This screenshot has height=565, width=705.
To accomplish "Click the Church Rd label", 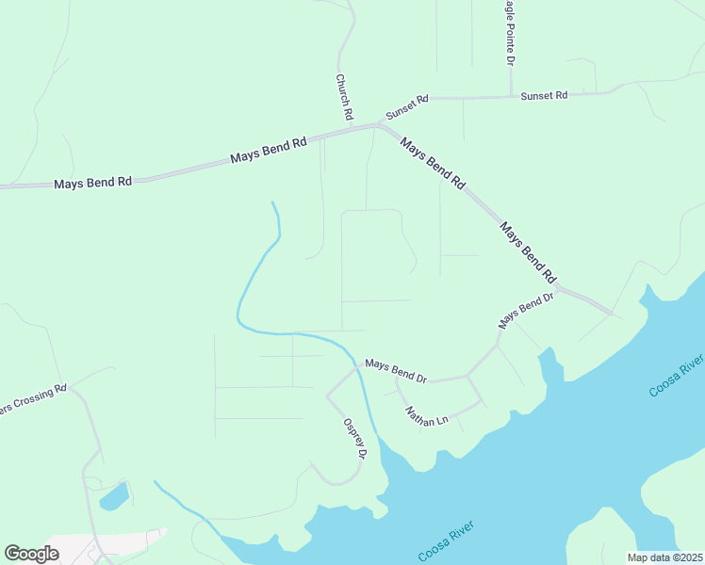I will (x=344, y=97).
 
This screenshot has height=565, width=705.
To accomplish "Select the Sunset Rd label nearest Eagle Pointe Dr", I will (x=544, y=96).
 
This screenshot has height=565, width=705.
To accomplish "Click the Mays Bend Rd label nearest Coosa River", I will (x=528, y=252).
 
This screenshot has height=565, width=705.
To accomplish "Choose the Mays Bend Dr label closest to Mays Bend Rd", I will (x=526, y=310).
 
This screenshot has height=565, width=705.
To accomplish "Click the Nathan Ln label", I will (x=426, y=415).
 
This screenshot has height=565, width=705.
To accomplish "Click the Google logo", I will (x=31, y=553).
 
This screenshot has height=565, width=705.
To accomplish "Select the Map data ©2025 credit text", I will (x=665, y=557).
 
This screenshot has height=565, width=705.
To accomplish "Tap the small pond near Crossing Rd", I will (x=114, y=495).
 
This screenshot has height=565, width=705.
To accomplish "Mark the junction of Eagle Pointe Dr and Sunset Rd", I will (x=510, y=96).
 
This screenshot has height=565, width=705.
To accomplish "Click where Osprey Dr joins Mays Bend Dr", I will (x=357, y=369).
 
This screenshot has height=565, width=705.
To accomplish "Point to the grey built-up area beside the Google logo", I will (x=104, y=546).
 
